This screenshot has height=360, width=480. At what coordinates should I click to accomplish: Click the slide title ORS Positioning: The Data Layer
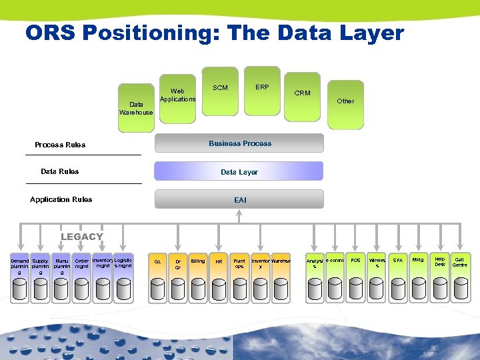click(x=215, y=33)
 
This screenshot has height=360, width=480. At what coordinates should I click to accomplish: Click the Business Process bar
click(x=239, y=143)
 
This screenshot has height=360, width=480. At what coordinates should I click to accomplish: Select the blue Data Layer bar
click(x=239, y=172)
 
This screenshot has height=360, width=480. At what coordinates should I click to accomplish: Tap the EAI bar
click(x=239, y=199)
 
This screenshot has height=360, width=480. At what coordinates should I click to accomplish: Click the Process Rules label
click(x=60, y=145)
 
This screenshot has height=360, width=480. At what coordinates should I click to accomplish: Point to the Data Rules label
click(x=59, y=171)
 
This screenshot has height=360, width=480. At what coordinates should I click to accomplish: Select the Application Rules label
click(x=61, y=199)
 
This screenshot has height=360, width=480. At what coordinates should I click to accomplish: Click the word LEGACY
click(x=82, y=237)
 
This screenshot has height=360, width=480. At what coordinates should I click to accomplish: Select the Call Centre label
click(x=459, y=262)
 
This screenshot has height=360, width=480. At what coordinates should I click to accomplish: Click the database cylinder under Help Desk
click(x=440, y=287)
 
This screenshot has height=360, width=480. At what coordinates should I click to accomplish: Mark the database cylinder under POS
click(x=356, y=287)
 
